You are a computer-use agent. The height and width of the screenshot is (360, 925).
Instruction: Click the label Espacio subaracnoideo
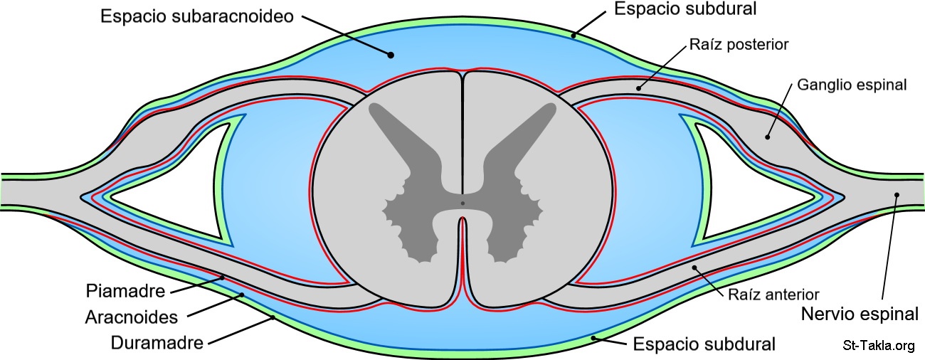[x=196, y=17]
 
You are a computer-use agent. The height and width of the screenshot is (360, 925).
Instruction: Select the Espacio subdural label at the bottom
[x=703, y=345]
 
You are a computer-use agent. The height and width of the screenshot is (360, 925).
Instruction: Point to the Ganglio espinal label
[x=852, y=85]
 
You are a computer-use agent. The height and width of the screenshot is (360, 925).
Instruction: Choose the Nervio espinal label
[x=860, y=313]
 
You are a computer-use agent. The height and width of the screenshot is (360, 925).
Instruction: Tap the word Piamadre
[x=125, y=291]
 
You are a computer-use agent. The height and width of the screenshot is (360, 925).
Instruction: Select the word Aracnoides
[x=132, y=316]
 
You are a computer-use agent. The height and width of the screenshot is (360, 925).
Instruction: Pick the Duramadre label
[x=157, y=342]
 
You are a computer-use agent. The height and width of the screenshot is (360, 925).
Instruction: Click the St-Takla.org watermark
[x=878, y=346]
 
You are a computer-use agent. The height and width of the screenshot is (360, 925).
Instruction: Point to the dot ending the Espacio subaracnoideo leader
[x=390, y=53]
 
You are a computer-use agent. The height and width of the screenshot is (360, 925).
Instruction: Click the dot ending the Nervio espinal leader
[x=897, y=195]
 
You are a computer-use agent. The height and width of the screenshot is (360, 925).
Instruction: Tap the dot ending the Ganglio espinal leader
[x=768, y=137]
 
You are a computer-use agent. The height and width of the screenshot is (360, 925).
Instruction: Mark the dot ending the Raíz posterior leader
[x=639, y=89]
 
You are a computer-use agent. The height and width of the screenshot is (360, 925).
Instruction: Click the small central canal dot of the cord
[x=462, y=204]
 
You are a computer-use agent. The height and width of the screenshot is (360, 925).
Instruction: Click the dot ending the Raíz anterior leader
[x=695, y=268]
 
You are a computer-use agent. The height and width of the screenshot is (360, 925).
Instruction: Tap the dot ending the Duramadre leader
[x=273, y=318]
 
